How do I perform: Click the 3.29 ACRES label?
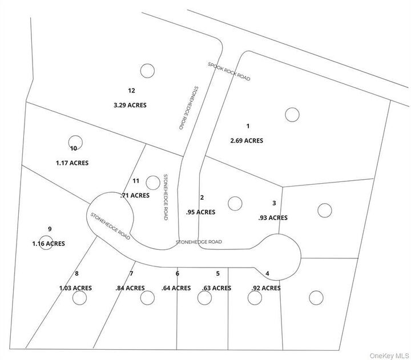point(131,105)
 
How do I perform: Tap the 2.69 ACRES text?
point(247,140)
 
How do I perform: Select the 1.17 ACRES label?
point(72,163)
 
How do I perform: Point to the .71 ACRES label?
point(135,195)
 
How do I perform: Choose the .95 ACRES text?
point(200,212)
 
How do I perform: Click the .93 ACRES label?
point(273,217)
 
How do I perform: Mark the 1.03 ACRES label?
point(75,288)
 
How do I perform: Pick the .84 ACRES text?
point(130,288)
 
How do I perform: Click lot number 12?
point(131,90)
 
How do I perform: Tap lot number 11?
point(136,181)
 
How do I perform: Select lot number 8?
point(76,274)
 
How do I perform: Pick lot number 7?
point(131,274)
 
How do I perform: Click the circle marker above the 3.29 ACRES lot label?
point(147,71)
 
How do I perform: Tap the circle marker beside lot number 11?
point(152,183)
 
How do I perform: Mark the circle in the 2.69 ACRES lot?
point(292,115)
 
